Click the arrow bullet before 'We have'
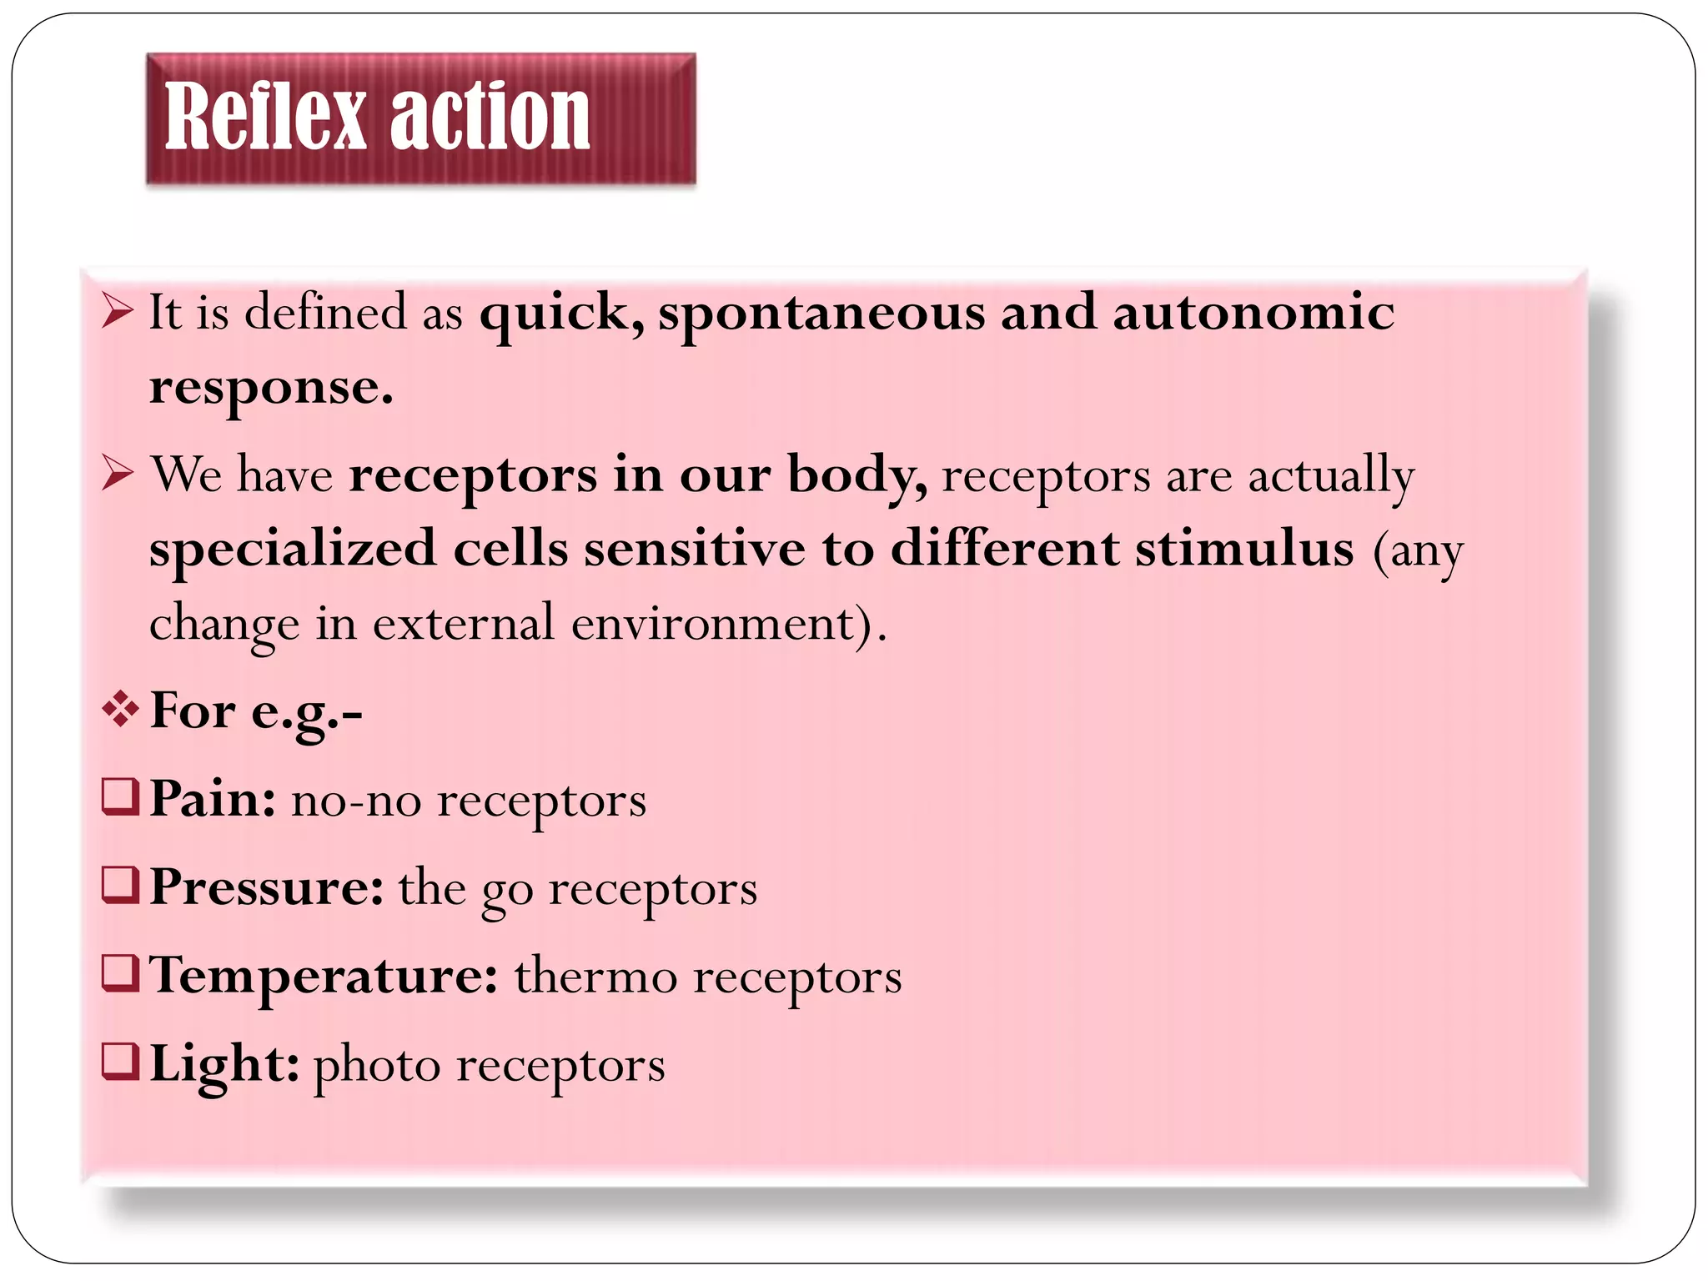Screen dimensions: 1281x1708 click(x=118, y=474)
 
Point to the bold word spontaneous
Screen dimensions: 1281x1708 click(x=821, y=314)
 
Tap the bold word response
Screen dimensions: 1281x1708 click(x=270, y=389)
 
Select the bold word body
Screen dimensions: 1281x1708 click(x=857, y=475)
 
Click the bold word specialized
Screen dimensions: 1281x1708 click(x=293, y=550)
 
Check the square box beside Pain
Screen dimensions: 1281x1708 click(x=119, y=796)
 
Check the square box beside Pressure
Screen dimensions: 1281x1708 click(x=119, y=885)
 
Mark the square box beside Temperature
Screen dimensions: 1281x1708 click(x=119, y=973)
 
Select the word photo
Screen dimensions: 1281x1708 click(x=376, y=1067)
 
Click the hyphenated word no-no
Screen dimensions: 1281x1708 click(x=356, y=800)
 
